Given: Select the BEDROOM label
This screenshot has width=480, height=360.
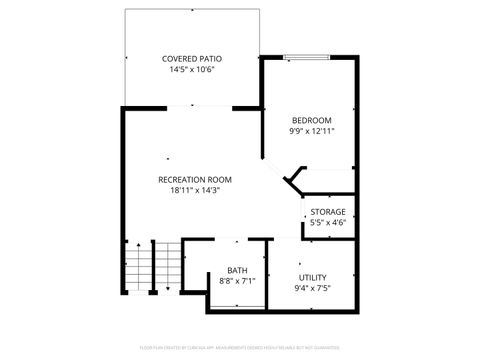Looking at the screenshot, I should click(x=310, y=120).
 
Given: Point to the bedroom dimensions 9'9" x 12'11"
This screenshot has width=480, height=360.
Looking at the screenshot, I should click(x=310, y=131).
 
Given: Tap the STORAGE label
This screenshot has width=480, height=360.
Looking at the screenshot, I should click(x=328, y=212).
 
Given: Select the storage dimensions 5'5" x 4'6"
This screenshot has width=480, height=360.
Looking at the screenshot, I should click(x=328, y=223).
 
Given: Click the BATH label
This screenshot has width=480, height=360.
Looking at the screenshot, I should click(x=237, y=270).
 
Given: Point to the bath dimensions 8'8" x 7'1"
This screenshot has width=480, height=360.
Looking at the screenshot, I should click(x=237, y=281).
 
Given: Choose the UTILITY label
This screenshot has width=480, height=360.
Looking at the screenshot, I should click(x=313, y=277).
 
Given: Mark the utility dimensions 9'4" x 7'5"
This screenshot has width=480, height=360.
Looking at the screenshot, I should click(x=313, y=288).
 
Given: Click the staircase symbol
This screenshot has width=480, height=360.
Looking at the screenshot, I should click(x=140, y=267).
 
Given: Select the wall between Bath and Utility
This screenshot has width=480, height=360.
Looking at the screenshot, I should click(x=269, y=267).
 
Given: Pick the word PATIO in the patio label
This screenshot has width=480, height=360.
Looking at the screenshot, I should click(x=208, y=59).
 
